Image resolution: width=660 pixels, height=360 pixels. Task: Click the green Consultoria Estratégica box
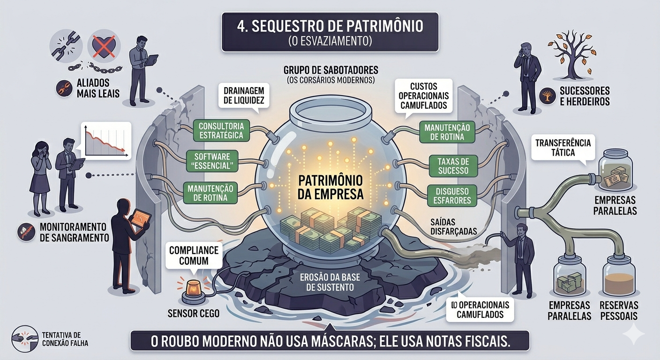[221, 131]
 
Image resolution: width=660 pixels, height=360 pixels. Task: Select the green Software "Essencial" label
[212, 161]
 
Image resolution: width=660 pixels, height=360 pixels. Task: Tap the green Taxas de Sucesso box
[453, 166]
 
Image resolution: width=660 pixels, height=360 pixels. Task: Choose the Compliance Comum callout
[193, 255]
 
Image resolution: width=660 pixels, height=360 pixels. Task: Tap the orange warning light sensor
[194, 288]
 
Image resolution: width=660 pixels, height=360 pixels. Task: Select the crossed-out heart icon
[105, 45]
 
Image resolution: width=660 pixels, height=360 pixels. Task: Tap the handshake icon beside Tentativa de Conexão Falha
[24, 338]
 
